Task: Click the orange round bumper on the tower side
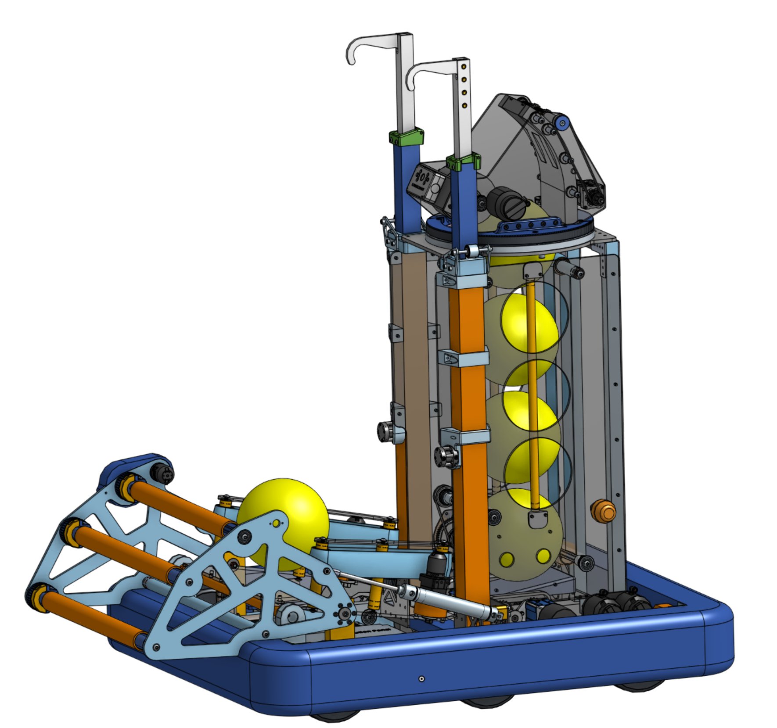pyautogui.click(x=604, y=510)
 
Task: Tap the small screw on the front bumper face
pyautogui.click(x=421, y=679)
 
